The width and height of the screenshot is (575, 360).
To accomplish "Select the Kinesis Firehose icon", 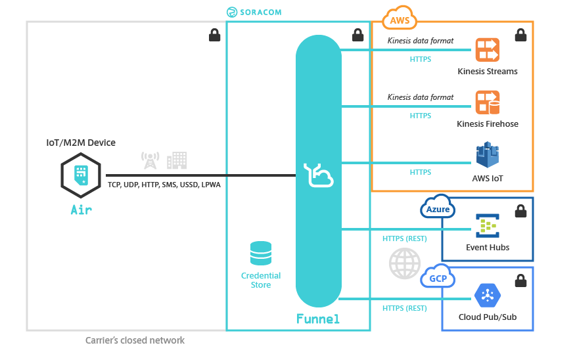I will point(488,102).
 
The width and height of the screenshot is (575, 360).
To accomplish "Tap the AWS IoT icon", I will point(488,156).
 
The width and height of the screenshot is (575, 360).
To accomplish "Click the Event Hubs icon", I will point(488,226).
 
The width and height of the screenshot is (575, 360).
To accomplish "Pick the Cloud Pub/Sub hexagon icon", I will point(488,296).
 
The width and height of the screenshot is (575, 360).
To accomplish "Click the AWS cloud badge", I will point(400,19).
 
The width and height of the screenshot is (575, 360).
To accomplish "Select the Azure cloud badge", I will point(438,208).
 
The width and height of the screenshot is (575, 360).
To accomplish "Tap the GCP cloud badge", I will point(438,277).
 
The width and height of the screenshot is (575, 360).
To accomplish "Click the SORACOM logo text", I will point(255,12).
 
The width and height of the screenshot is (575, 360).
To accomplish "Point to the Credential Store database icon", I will point(261,254).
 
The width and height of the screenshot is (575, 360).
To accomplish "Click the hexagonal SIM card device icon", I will point(80,175).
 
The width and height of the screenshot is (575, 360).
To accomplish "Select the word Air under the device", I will point(81,210).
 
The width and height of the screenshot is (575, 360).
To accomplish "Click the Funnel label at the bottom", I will point(318,319).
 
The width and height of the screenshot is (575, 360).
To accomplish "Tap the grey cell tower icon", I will point(150,160).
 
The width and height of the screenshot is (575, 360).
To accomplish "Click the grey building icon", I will point(177,160).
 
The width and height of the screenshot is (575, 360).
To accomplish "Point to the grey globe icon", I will point(404,264).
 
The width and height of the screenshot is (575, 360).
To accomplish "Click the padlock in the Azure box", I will point(520,212).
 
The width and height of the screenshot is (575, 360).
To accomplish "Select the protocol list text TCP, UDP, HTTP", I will point(164,185).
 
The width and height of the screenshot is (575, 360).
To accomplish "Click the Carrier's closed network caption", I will point(135,340).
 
